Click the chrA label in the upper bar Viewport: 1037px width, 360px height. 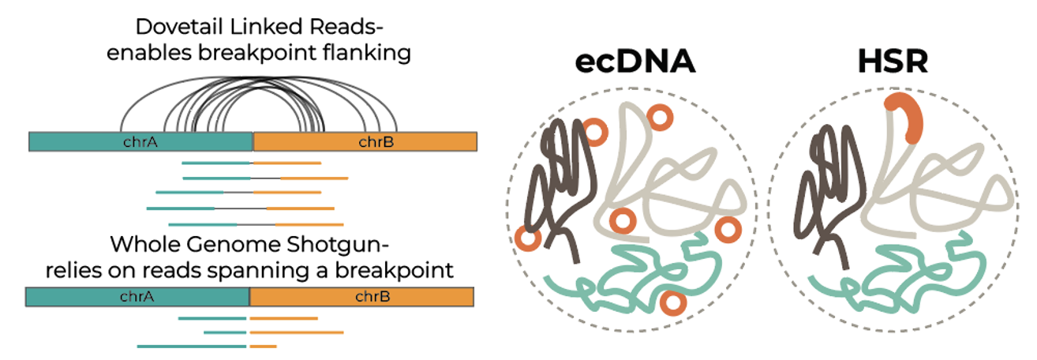coord(141,142)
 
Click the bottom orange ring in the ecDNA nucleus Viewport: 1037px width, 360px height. coord(672,302)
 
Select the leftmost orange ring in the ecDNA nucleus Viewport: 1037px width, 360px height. coord(526,235)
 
